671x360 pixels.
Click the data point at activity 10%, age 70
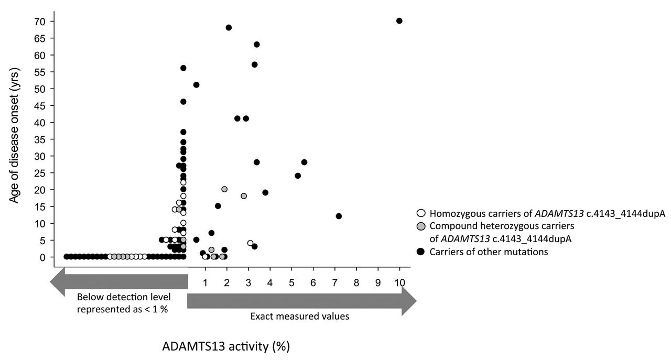tap(399, 21)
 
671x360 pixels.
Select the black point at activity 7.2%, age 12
tap(339, 216)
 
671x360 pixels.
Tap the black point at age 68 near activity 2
tap(229, 27)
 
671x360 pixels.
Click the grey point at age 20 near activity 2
tap(224, 189)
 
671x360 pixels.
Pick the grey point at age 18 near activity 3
tap(244, 196)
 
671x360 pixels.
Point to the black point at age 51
tap(196, 85)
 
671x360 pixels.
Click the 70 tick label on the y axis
tap(40, 21)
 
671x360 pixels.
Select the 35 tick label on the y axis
tap(40, 139)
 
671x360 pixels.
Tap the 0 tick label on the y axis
tap(44, 257)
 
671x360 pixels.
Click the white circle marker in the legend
tap(420, 214)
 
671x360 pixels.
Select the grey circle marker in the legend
tap(420, 226)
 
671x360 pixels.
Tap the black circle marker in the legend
tap(420, 252)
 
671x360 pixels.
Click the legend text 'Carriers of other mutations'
tap(489, 252)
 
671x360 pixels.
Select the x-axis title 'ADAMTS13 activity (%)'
tap(225, 346)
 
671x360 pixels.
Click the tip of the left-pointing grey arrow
tap(51, 283)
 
